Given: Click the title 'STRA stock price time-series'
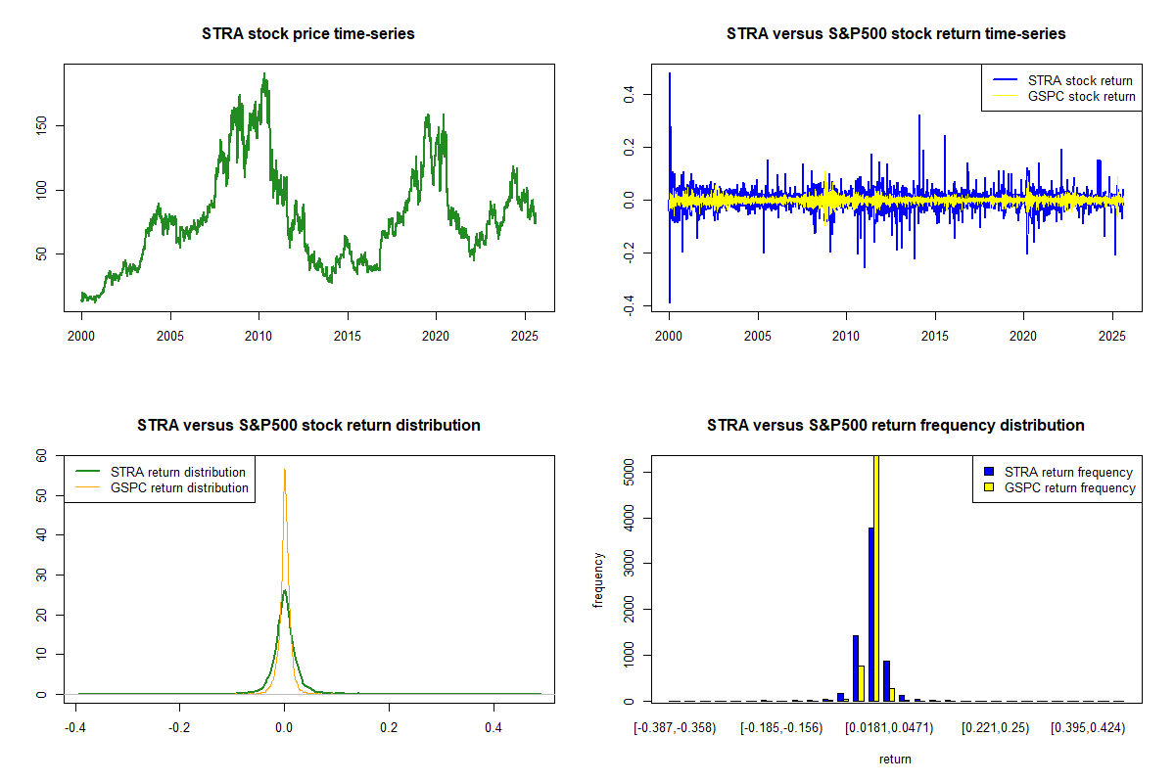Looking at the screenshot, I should [x=308, y=34].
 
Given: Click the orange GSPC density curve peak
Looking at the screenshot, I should [x=285, y=471].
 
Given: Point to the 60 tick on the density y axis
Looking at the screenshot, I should [x=40, y=455].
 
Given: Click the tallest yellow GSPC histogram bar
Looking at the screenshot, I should [x=876, y=577].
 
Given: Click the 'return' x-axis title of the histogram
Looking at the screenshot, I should [x=895, y=759].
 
